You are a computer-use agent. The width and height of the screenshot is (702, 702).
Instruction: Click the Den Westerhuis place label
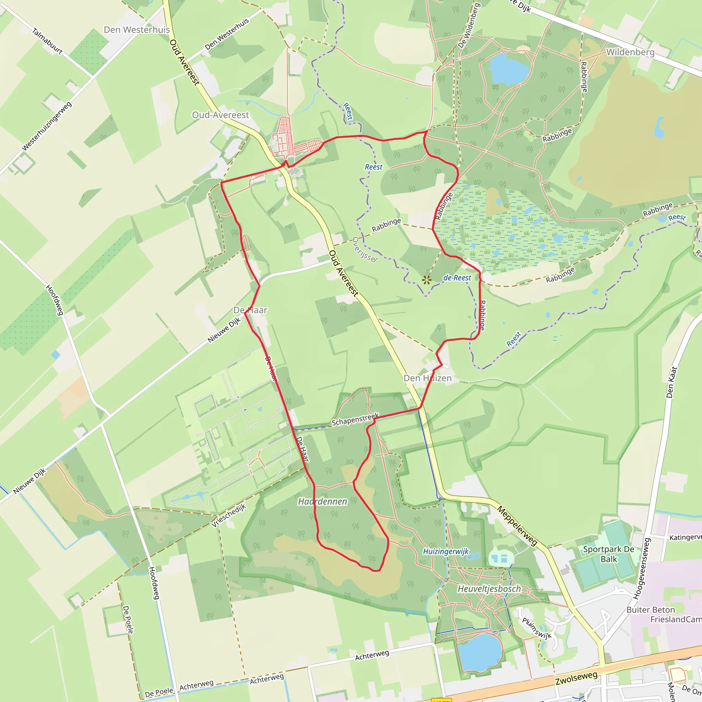(x=137, y=30)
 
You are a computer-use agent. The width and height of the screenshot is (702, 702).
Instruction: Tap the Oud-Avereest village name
(x=220, y=115)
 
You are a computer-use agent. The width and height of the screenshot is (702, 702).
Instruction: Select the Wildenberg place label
(x=630, y=52)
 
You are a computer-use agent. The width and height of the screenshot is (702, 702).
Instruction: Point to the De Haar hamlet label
(x=250, y=310)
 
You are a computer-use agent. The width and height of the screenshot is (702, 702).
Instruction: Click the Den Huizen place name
(x=428, y=378)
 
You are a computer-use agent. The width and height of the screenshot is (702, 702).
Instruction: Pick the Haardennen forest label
(x=322, y=501)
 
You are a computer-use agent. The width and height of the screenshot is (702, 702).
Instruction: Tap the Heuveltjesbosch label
(x=489, y=589)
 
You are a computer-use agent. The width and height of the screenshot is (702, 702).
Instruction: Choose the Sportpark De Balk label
(x=609, y=554)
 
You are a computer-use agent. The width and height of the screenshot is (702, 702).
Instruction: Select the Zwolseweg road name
(x=576, y=678)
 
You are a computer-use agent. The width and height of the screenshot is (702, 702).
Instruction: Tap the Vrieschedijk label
(x=229, y=515)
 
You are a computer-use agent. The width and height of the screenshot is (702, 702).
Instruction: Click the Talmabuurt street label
(x=47, y=41)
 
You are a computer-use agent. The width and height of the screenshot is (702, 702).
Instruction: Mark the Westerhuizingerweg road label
(x=47, y=126)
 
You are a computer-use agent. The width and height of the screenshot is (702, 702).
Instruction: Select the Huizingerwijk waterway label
(x=446, y=552)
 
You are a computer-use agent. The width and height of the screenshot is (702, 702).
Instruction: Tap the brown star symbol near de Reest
(x=426, y=280)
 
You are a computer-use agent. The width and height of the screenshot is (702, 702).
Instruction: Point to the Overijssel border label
(x=364, y=250)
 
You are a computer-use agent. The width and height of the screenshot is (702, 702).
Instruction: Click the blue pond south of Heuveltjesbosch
(x=480, y=653)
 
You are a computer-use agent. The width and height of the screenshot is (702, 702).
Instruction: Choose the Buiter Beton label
(x=650, y=610)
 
